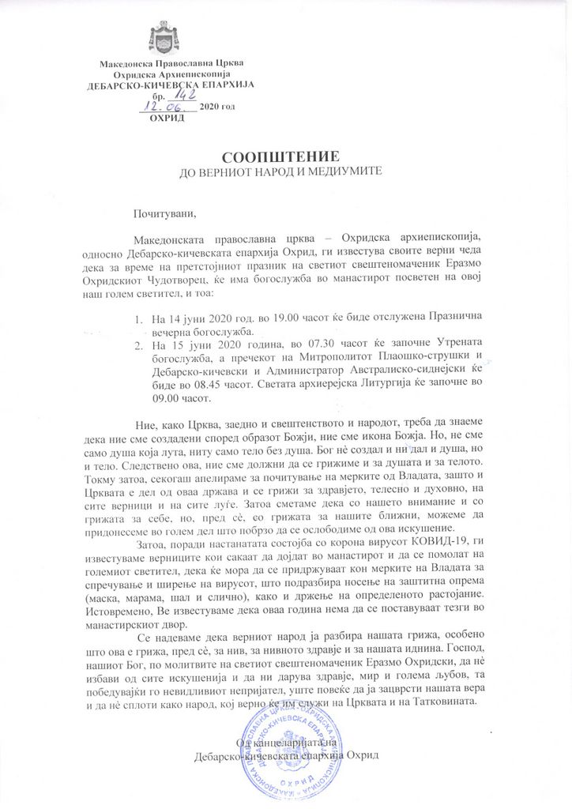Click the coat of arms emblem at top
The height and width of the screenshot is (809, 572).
point(164,37)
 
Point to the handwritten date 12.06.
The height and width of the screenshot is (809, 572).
point(167,106)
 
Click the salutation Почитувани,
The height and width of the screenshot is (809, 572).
point(164,212)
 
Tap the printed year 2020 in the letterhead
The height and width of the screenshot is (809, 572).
point(213,107)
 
